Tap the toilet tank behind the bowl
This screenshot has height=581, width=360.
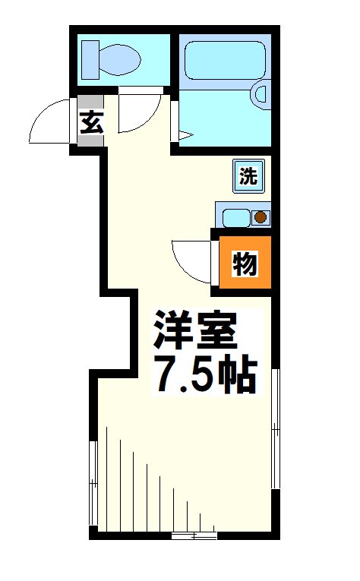click(x=90, y=59)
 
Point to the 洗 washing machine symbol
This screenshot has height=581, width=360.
click(x=248, y=177)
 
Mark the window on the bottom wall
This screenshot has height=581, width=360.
click(x=194, y=536)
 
